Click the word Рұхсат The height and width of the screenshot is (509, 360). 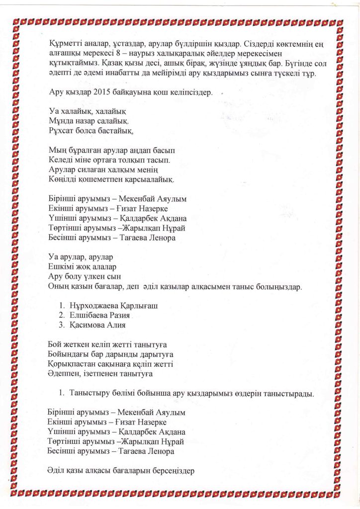click(62, 131)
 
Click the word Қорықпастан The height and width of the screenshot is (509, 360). click(72, 363)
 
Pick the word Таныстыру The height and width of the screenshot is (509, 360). click(90, 394)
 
